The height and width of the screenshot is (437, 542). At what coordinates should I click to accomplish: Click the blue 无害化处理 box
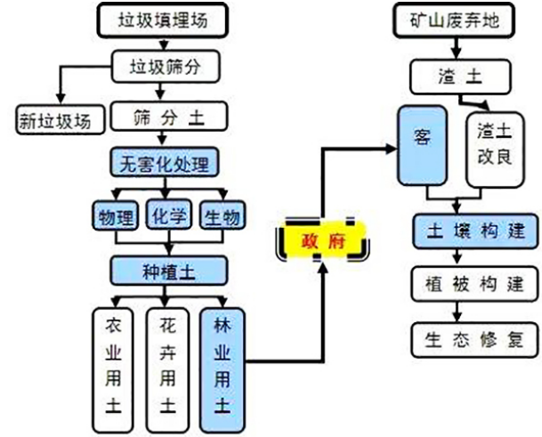[x=163, y=164]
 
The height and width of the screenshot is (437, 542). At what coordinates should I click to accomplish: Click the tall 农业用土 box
[x=113, y=365]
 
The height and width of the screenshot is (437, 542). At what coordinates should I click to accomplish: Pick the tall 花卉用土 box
[x=167, y=365]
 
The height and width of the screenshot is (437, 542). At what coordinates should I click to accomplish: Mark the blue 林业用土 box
[x=222, y=365]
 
